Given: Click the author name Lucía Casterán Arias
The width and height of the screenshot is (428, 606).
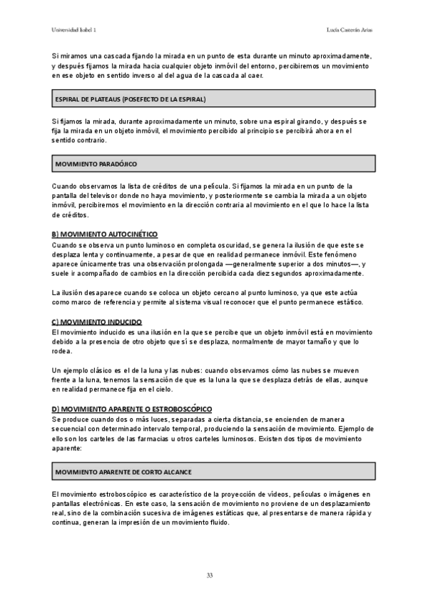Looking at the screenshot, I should pyautogui.click(x=350, y=30).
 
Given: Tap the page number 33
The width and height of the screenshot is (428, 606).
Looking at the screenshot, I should pyautogui.click(x=210, y=575).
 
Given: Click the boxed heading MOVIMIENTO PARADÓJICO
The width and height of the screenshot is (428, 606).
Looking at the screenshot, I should pyautogui.click(x=96, y=164).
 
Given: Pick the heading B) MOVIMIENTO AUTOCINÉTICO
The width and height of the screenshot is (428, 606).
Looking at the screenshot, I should pyautogui.click(x=105, y=234).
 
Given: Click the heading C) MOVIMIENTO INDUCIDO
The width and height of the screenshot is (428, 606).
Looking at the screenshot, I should pyautogui.click(x=97, y=322).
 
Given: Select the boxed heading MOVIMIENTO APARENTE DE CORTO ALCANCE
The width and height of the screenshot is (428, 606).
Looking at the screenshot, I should pyautogui.click(x=123, y=472).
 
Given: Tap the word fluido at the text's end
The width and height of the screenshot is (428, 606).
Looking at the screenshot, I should pyautogui.click(x=217, y=522).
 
